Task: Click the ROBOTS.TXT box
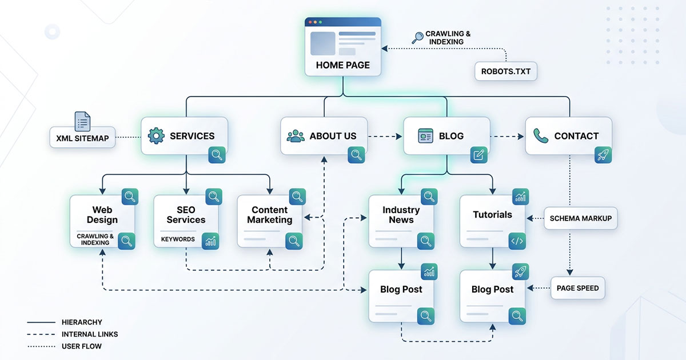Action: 506,72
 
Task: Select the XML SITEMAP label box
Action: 82,138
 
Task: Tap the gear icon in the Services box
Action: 155,136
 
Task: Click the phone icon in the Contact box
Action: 540,135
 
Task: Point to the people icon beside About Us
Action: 295,136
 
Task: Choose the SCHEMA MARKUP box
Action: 580,218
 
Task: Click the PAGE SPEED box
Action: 577,288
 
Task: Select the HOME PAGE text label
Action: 342,65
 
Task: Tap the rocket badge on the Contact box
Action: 602,155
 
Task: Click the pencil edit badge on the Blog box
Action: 479,155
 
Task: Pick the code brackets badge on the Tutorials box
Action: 517,241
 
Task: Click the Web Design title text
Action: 102,215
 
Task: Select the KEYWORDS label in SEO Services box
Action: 178,239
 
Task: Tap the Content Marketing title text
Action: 269,215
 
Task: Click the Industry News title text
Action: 401,215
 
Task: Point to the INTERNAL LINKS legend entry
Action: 90,334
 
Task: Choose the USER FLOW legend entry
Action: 82,346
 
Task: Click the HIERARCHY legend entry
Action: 82,322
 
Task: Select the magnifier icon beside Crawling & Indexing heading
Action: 417,38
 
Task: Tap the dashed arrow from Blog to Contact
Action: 507,137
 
